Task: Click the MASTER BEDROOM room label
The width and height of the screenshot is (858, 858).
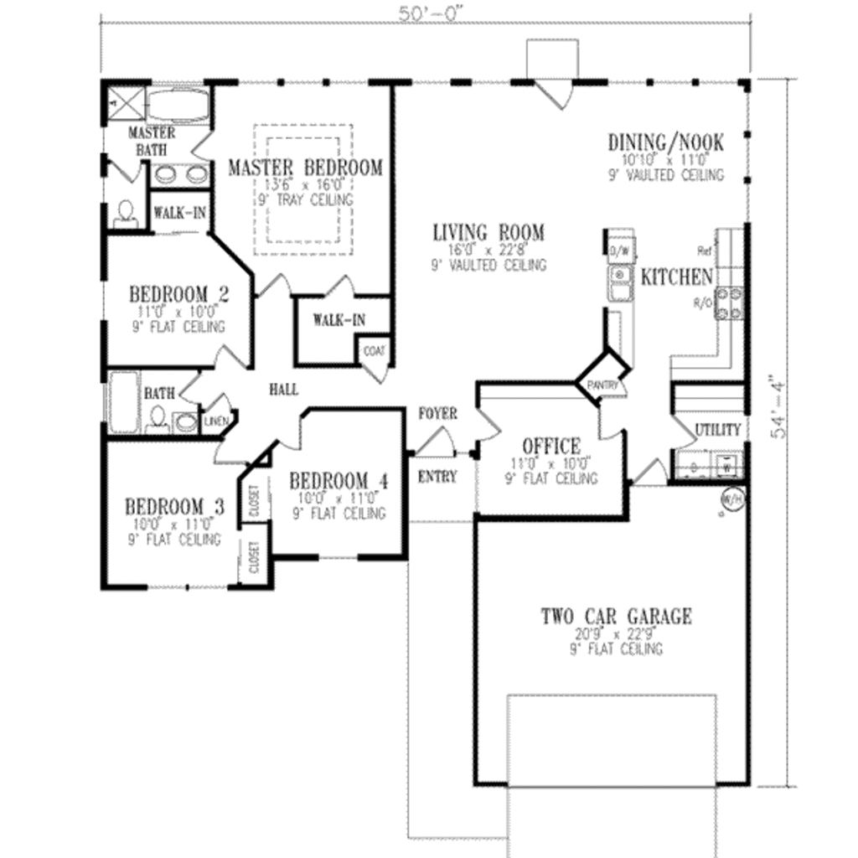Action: coord(305,168)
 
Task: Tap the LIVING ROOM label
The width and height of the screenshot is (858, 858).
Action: coord(488,232)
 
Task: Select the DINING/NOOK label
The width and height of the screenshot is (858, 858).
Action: coord(665,142)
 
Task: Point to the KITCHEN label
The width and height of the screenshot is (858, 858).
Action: coord(676,277)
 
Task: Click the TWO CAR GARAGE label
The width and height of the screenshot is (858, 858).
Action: coord(616,618)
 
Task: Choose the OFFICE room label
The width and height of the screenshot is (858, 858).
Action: coord(550,446)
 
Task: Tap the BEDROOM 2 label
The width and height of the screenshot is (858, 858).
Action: coord(178,295)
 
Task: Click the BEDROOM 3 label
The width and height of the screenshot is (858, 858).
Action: coord(174,507)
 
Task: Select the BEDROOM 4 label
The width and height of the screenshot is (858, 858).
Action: coord(339,481)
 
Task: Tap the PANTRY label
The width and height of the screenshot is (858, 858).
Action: coord(603,385)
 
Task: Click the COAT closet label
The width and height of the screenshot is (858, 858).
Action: coord(373,352)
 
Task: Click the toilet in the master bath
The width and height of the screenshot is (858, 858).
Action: coord(125,213)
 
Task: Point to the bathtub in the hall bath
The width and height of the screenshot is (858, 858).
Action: coord(122,401)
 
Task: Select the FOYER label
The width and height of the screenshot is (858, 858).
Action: coord(437,414)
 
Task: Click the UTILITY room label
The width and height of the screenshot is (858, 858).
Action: coord(718,430)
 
